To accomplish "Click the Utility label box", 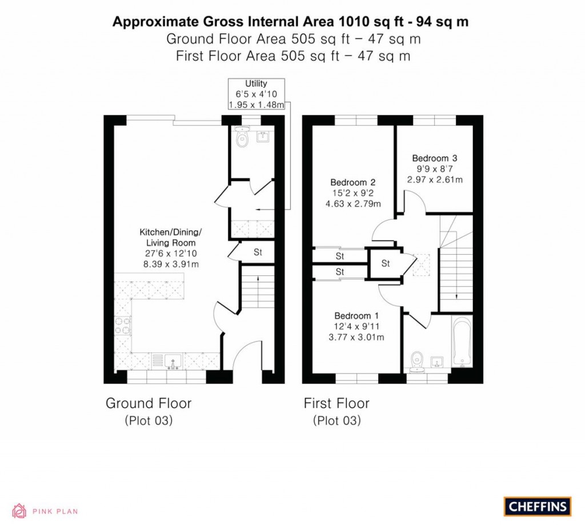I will (255, 94).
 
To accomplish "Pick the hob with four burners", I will (122, 325).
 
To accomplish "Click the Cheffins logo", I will (537, 506).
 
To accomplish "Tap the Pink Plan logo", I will (45, 511).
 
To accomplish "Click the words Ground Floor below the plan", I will (149, 403).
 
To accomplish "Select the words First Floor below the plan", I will (336, 403).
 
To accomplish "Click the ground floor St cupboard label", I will (258, 252).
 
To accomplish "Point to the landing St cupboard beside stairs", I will (386, 263).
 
